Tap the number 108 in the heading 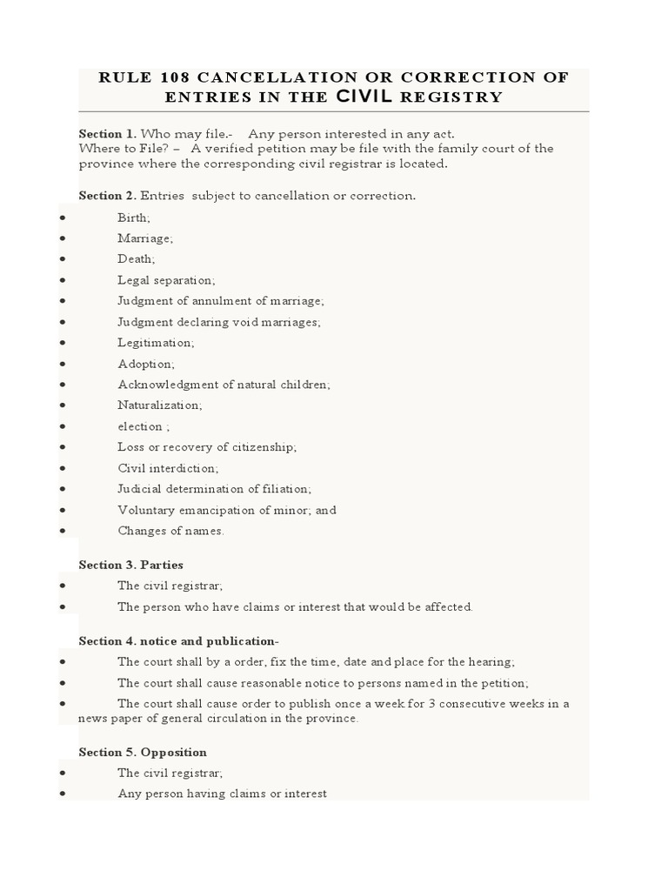coord(167,77)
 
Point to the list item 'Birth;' coord(134,218)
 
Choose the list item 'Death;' coord(137,259)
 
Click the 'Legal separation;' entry coord(166,280)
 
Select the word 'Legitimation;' coord(156,343)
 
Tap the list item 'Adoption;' coord(146,364)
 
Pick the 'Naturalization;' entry coord(159,405)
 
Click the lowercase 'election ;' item coord(144,426)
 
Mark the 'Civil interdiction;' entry coord(168,468)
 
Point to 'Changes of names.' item coord(170,531)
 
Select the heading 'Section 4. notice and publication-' coord(178,641)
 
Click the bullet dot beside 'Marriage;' coord(63,238)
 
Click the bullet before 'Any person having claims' coord(63,794)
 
